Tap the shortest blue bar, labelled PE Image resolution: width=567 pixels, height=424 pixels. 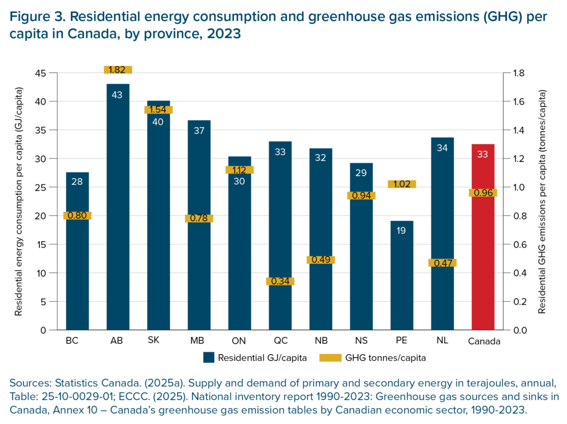point(402,277)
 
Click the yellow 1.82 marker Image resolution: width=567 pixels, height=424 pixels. point(118,70)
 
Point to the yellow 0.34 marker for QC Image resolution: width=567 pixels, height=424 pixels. point(280,281)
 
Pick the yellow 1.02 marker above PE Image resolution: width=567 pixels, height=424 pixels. point(402,184)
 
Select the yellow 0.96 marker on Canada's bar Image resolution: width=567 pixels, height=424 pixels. point(483,193)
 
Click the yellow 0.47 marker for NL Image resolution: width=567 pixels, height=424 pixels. point(442,263)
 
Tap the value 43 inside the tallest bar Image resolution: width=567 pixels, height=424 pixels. point(118,95)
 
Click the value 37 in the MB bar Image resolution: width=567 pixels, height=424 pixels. point(199,131)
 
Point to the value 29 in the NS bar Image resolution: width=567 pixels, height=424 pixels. point(361,173)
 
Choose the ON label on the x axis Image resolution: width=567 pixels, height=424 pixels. point(240,338)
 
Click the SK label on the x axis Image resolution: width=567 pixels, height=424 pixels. point(158,338)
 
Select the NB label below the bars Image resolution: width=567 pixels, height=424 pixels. point(321,338)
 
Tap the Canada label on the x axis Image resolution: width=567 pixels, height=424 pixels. point(483,338)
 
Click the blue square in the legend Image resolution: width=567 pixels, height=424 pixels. point(209,358)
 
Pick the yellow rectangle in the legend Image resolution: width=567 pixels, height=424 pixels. point(331,358)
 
